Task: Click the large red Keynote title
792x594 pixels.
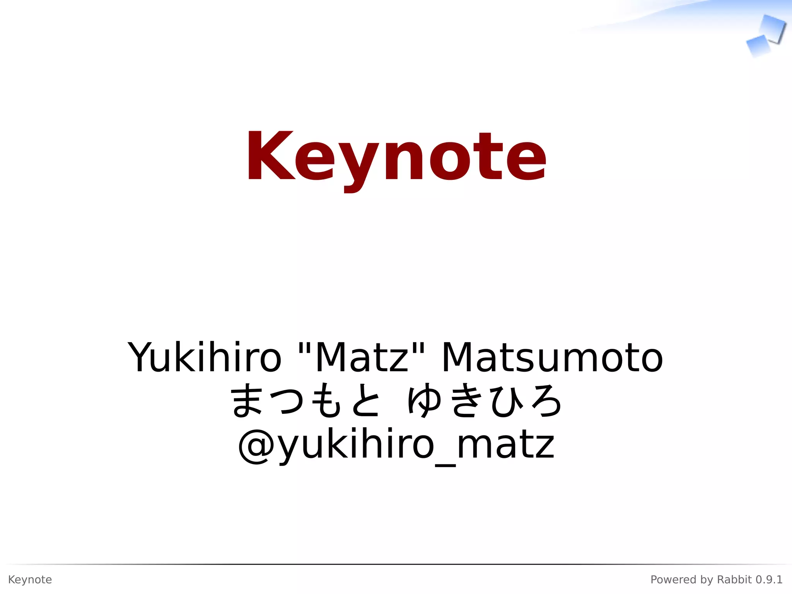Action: (x=396, y=157)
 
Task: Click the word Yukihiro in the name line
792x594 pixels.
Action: (x=205, y=357)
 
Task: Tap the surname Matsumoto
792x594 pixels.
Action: (x=552, y=357)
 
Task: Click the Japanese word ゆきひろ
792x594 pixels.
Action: (x=485, y=401)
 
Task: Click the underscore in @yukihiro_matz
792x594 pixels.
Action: (x=445, y=464)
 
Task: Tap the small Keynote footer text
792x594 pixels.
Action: (x=30, y=580)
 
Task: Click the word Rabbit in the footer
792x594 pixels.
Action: (x=734, y=580)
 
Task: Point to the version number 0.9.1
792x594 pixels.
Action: (x=769, y=580)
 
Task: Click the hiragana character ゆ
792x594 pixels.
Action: (x=424, y=401)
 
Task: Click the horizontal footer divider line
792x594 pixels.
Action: (x=396, y=564)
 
